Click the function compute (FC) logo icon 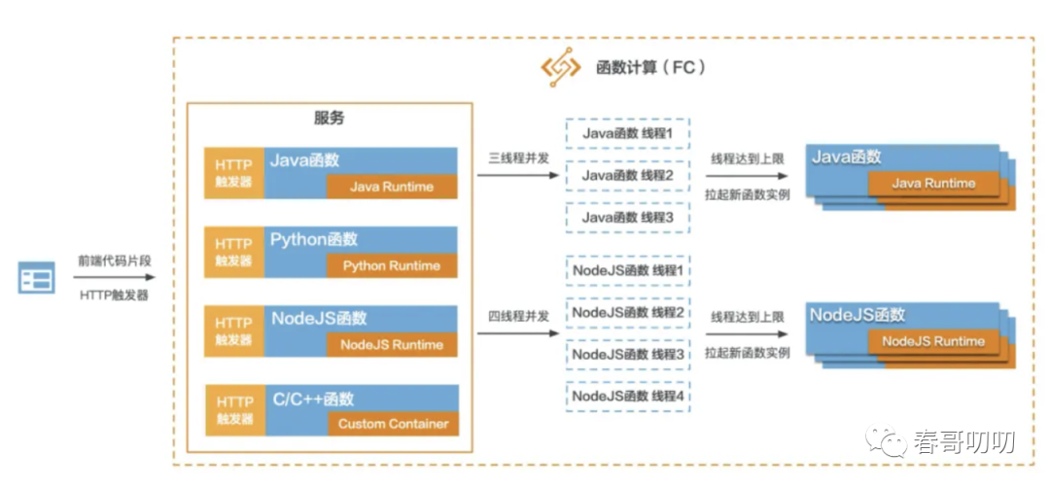tap(561, 69)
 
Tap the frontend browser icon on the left tap(37, 280)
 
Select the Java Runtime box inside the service tap(392, 187)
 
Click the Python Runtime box tap(392, 265)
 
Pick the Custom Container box tap(393, 424)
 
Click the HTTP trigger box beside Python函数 tap(233, 252)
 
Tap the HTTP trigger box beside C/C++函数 tap(233, 409)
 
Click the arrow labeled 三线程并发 tap(518, 176)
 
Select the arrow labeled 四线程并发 tap(518, 334)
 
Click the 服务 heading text tap(329, 119)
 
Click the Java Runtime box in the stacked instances tap(934, 183)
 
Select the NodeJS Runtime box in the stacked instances tap(933, 341)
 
